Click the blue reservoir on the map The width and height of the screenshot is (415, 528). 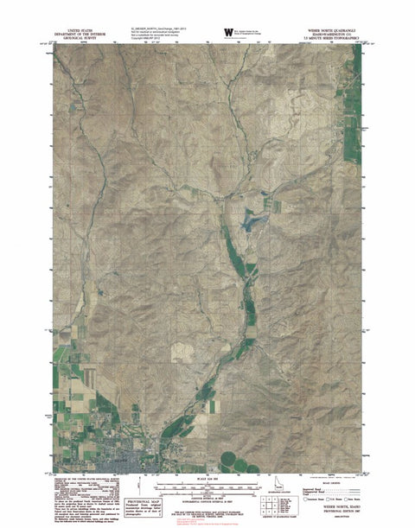click(x=253, y=223)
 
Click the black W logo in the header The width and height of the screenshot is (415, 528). click(x=228, y=32)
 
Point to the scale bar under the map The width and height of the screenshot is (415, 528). click(x=207, y=487)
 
